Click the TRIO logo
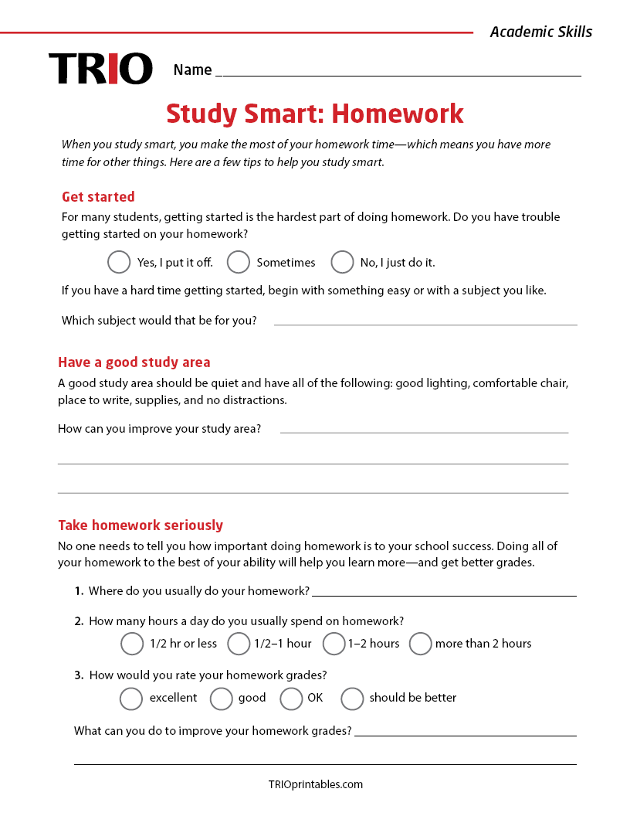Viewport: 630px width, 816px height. pos(100,69)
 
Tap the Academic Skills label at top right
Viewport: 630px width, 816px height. pos(540,32)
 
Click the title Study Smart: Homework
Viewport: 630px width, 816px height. pos(315,114)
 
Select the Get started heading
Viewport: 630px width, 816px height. pos(98,197)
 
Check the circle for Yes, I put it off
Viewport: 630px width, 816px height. pos(119,262)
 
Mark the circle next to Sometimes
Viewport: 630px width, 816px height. pos(239,262)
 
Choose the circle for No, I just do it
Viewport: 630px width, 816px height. pos(342,262)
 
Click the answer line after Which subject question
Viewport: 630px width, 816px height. pos(425,321)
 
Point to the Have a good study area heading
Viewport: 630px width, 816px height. pos(134,362)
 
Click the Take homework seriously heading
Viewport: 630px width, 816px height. pos(141,525)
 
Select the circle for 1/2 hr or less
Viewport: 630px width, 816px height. pos(132,643)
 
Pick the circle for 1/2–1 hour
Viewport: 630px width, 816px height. pos(239,643)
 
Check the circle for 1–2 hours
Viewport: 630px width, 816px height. pos(334,643)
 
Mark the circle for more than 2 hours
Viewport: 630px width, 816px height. pos(420,643)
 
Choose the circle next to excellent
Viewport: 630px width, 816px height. pos(131,698)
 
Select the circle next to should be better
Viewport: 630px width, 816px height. pos(352,698)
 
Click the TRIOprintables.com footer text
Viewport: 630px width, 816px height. pos(315,784)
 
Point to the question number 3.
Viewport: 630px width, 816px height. pos(79,675)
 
